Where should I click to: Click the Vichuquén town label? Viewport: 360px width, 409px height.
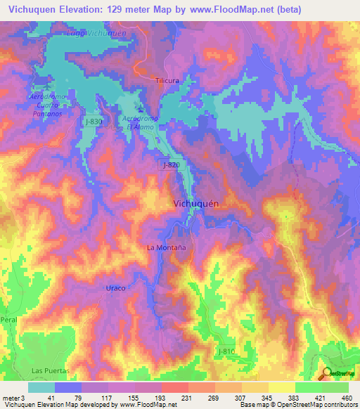pos(198,202)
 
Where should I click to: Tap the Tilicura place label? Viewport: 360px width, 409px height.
pos(167,81)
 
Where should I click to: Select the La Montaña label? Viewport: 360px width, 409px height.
pos(165,247)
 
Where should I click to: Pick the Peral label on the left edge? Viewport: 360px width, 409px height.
pos(8,319)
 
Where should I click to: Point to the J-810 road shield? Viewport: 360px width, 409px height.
pos(226,351)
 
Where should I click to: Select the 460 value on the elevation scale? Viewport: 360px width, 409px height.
pos(346,398)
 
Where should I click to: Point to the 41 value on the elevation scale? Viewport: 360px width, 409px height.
pos(41,398)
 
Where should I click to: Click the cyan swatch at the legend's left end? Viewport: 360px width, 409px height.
pos(41,387)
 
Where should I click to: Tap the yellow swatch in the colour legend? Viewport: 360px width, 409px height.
pos(281,387)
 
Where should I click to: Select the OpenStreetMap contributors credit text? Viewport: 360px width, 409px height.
pos(316,404)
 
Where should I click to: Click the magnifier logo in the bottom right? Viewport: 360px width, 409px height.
pos(326,373)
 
